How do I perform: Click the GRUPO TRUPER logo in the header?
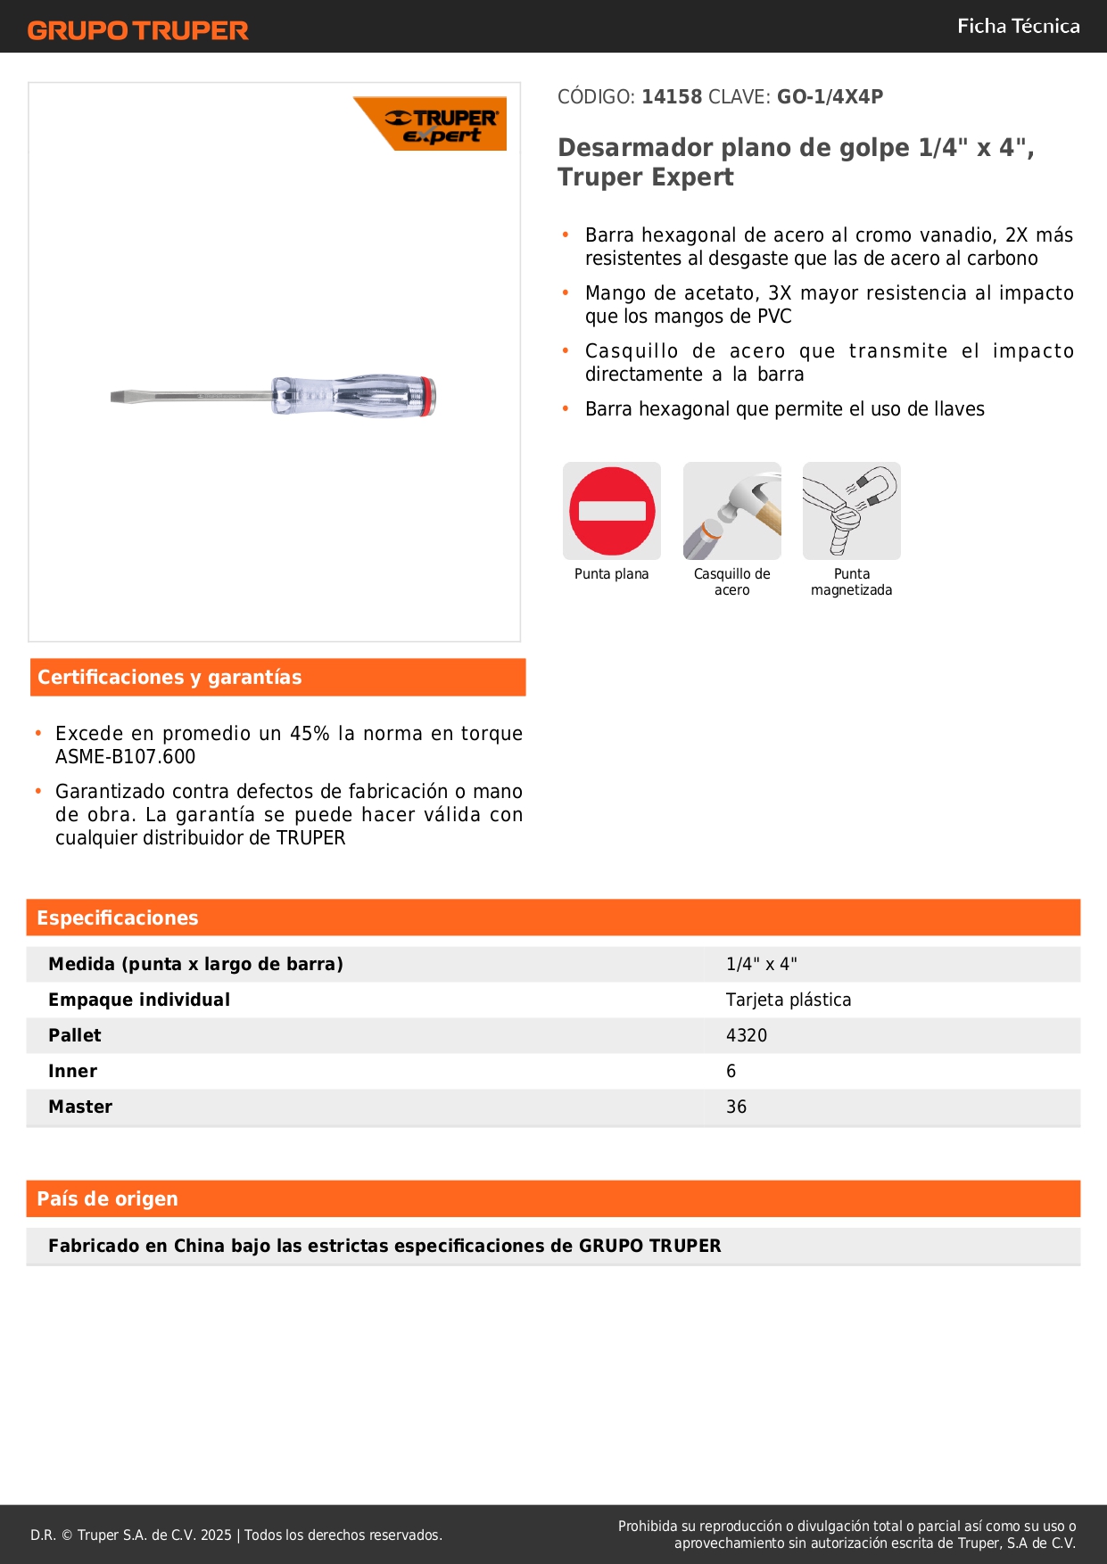[137, 30]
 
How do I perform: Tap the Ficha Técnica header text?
[1018, 27]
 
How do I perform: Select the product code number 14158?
[672, 97]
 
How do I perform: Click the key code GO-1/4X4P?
[830, 97]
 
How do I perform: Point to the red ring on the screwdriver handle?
[429, 397]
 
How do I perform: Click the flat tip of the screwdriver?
[120, 397]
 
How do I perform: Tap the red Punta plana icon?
[612, 511]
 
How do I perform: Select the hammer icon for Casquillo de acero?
[732, 511]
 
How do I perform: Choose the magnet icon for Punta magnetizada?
[852, 511]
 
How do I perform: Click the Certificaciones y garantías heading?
[169, 678]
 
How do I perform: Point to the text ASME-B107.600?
[125, 757]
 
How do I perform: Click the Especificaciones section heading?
[118, 918]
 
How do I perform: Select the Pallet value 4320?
[747, 1036]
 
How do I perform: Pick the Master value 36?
[736, 1107]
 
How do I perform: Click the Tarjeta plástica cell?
[789, 1000]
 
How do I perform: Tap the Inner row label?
[72, 1072]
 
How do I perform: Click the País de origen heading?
[107, 1199]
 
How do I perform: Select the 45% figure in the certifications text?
[310, 734]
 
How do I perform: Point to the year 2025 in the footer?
[216, 1535]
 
